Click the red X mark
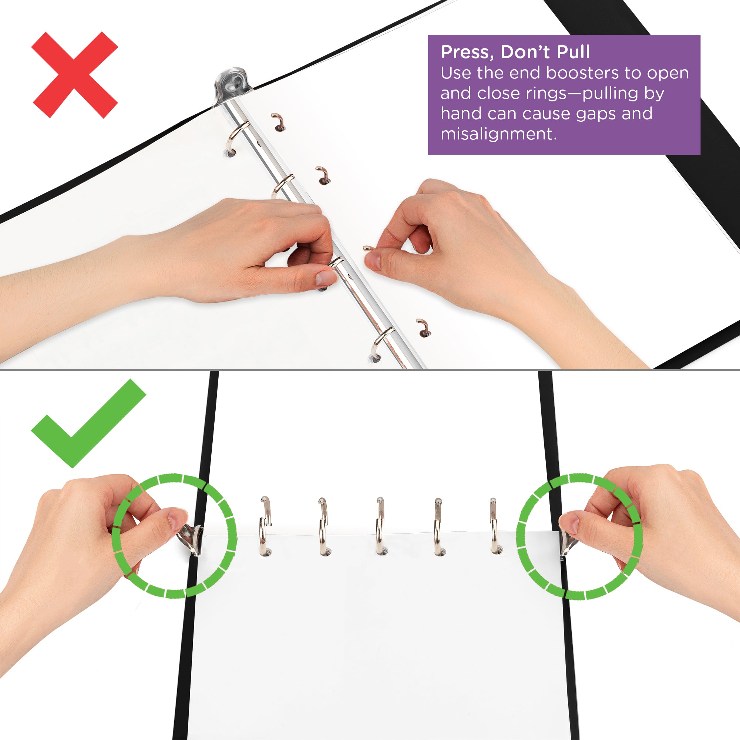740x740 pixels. coord(75,75)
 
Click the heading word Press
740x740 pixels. coord(466,52)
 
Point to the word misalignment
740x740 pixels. coord(498,134)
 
